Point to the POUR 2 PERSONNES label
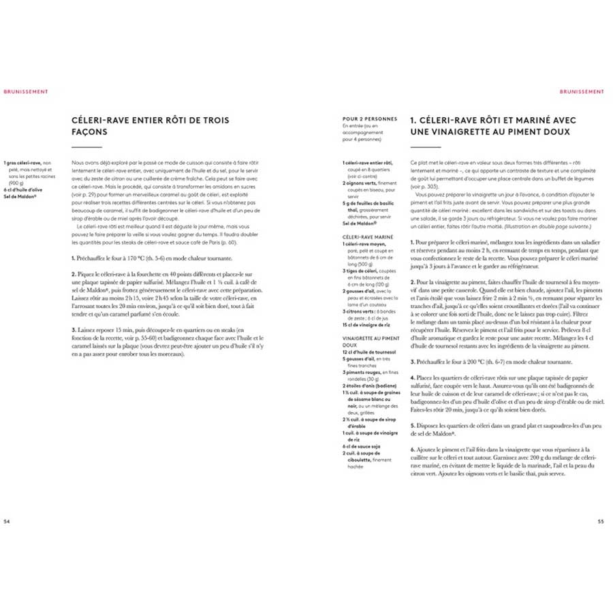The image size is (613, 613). pyautogui.click(x=369, y=119)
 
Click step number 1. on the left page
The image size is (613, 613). pyautogui.click(x=74, y=258)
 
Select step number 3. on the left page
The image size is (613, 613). pyautogui.click(x=74, y=330)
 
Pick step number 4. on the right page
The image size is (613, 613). pyautogui.click(x=413, y=376)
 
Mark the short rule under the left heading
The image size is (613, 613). pyautogui.click(x=87, y=148)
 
